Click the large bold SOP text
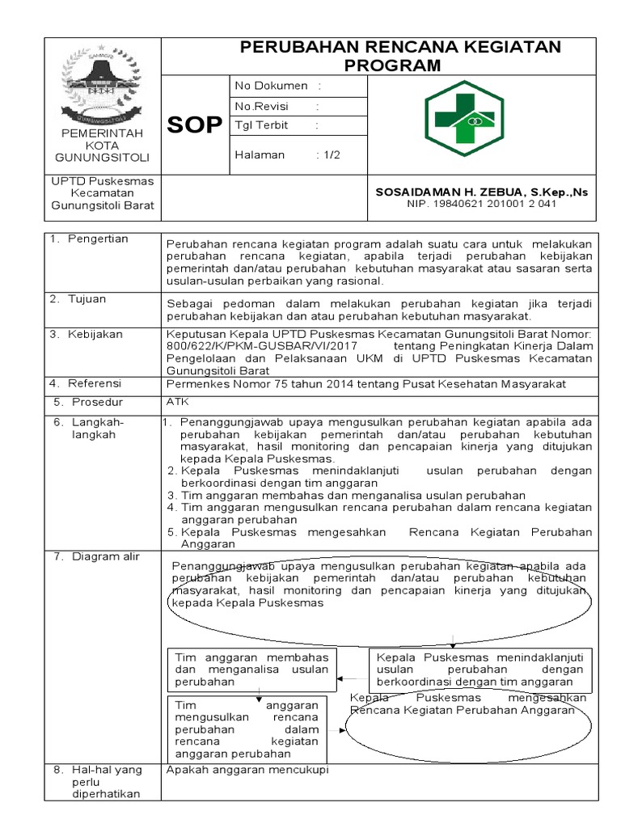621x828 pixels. click(194, 125)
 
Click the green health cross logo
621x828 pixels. click(463, 118)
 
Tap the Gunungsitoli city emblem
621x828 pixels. click(101, 85)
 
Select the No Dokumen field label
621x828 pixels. click(272, 86)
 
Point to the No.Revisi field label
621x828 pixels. click(261, 106)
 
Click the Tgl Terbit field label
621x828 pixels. click(261, 125)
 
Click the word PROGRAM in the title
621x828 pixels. click(393, 65)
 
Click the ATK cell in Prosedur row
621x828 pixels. click(175, 400)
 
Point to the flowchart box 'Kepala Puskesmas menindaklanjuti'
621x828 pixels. click(480, 669)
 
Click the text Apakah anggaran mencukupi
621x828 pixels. click(247, 769)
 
